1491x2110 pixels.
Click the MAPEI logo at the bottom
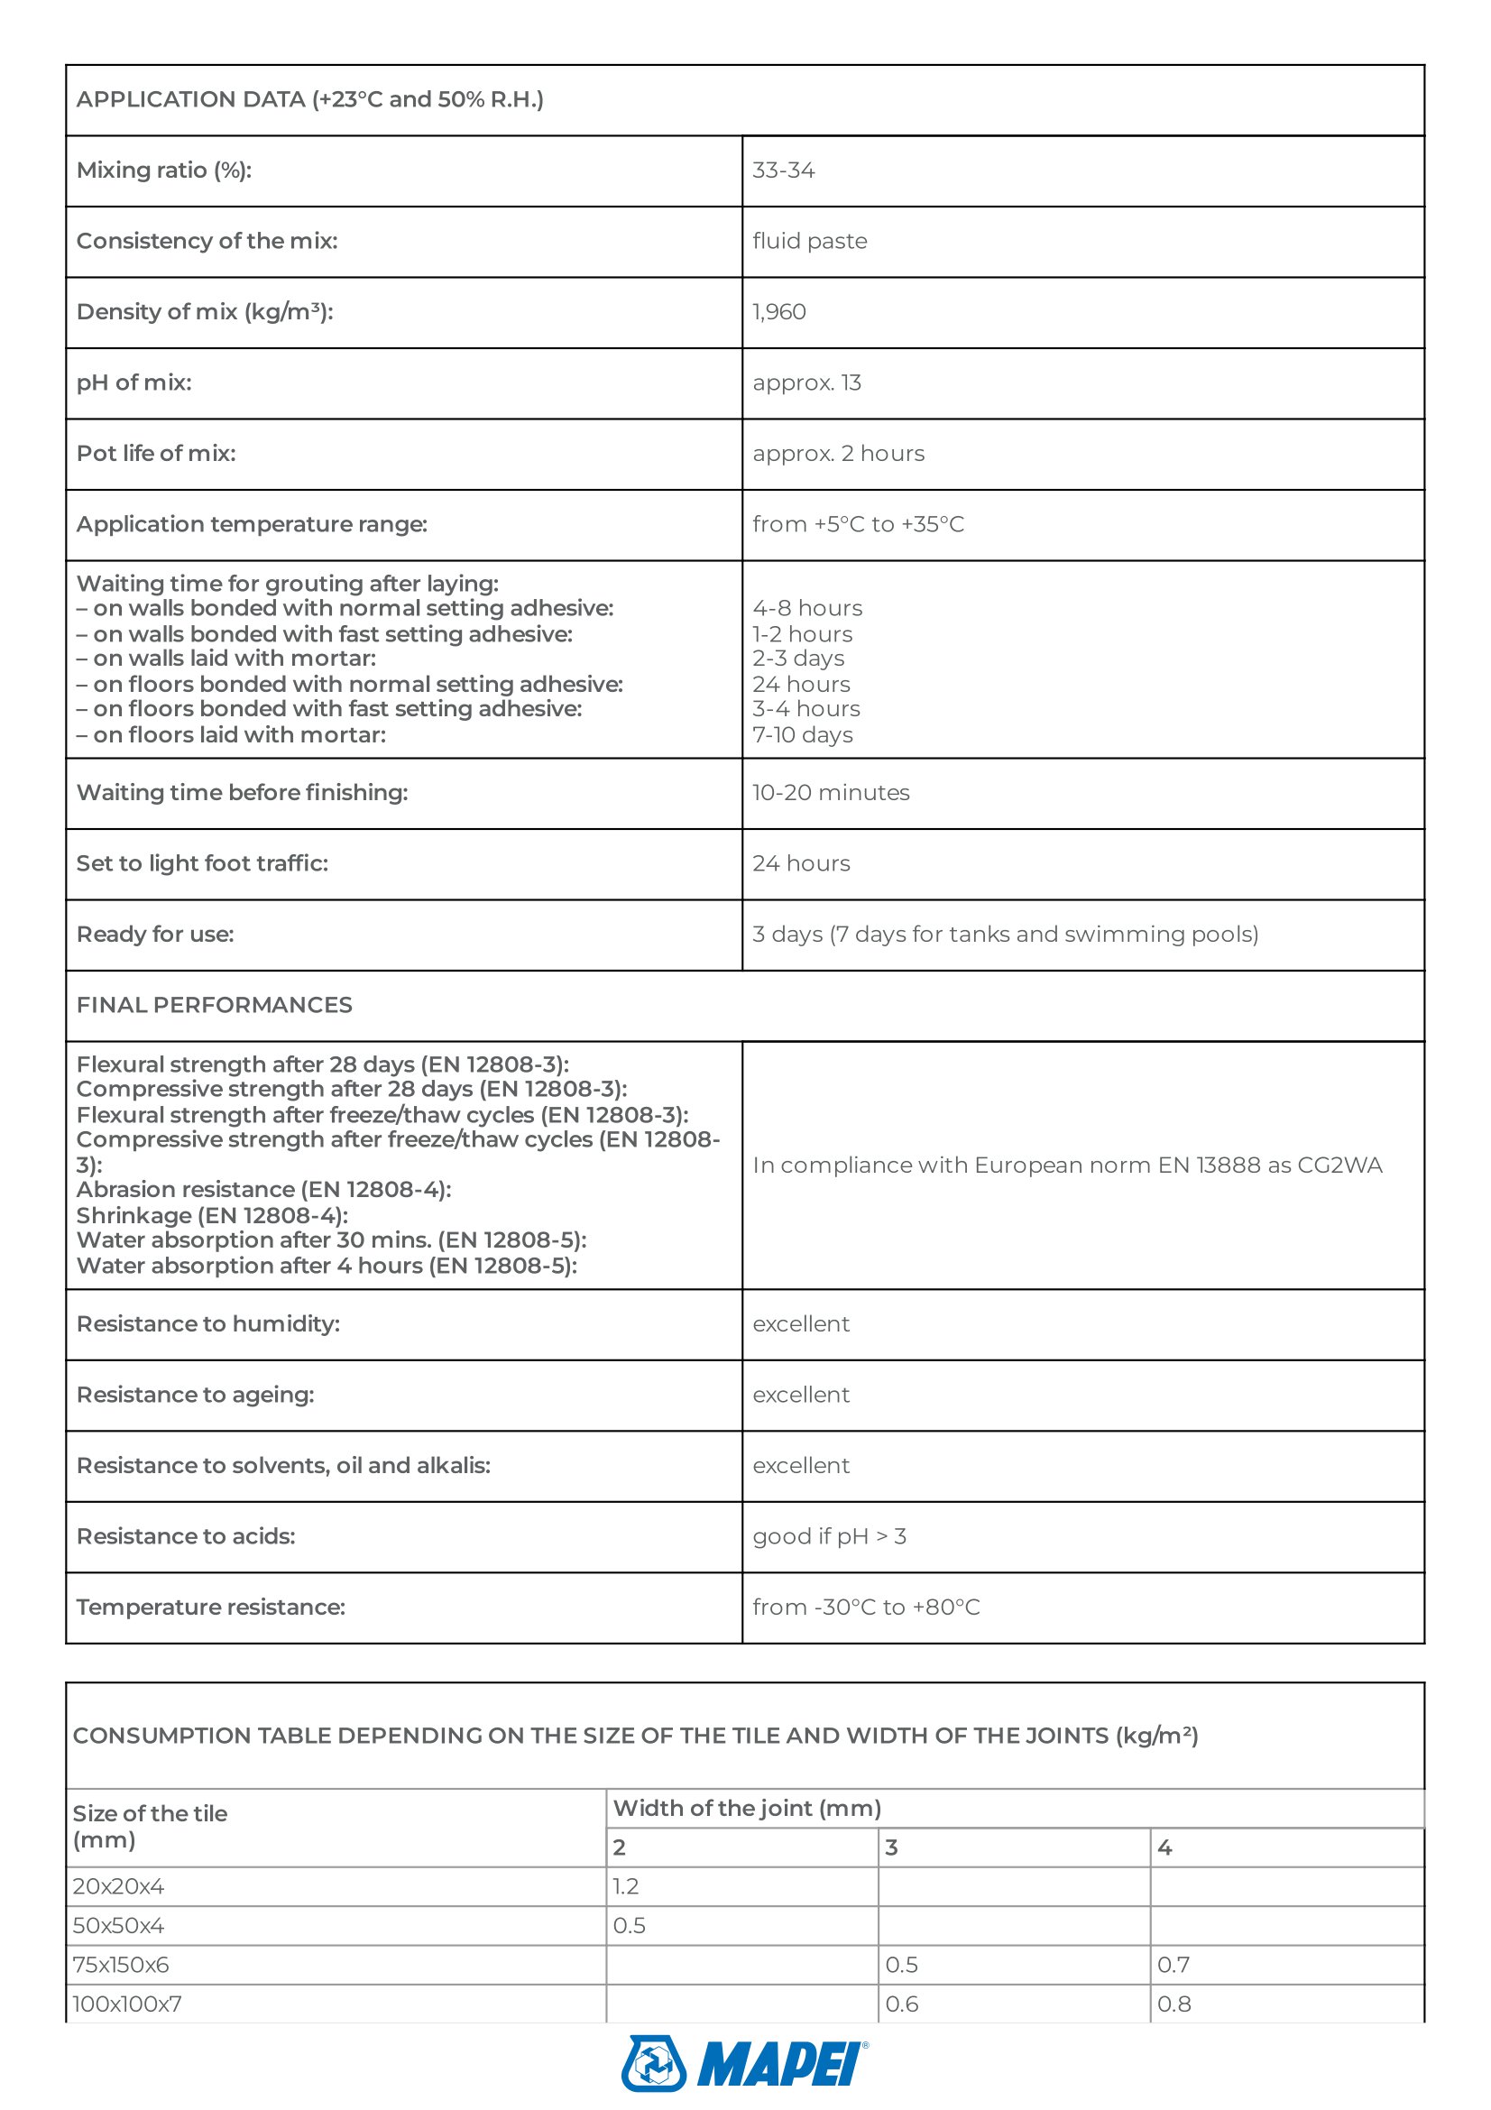pyautogui.click(x=744, y=2063)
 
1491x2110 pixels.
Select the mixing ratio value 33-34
pyautogui.click(x=784, y=170)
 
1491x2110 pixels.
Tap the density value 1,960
pyautogui.click(x=779, y=312)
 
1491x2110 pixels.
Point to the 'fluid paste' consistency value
pyautogui.click(x=809, y=242)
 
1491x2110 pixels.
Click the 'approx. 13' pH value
pyautogui.click(x=806, y=383)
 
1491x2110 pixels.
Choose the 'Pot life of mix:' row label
pyautogui.click(x=156, y=454)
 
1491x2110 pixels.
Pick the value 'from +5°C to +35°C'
pyautogui.click(x=858, y=525)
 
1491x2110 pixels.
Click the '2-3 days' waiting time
pyautogui.click(x=798, y=659)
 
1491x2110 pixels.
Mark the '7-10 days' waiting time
pyautogui.click(x=803, y=735)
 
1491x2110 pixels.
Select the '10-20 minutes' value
pyautogui.click(x=831, y=793)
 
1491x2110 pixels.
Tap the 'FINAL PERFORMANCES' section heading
pyautogui.click(x=214, y=1005)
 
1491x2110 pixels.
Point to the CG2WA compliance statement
pyautogui.click(x=1066, y=1166)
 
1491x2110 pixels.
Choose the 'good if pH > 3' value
pyautogui.click(x=829, y=1536)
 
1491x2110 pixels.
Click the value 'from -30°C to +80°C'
pyautogui.click(x=865, y=1608)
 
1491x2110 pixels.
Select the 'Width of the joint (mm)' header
pyautogui.click(x=747, y=1809)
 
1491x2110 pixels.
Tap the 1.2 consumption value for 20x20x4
pyautogui.click(x=626, y=1886)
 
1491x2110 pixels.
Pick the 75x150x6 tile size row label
pyautogui.click(x=120, y=1965)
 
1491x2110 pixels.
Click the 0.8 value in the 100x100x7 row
pyautogui.click(x=1173, y=2004)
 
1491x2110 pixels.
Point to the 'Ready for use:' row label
pyautogui.click(x=155, y=935)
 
